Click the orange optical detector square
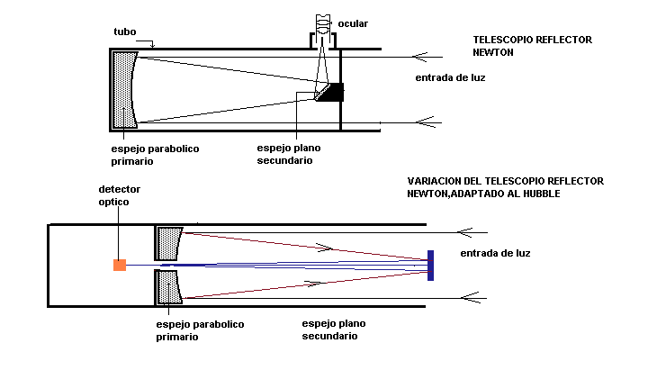click(x=119, y=265)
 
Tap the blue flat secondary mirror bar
click(x=431, y=265)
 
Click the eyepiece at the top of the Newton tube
click(x=322, y=32)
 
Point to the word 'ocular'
click(x=353, y=23)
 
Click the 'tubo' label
click(x=125, y=32)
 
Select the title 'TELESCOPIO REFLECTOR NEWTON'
click(x=518, y=46)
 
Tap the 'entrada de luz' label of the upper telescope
click(x=450, y=78)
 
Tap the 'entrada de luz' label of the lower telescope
click(x=495, y=253)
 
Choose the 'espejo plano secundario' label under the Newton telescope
click(x=288, y=154)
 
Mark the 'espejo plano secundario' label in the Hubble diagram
click(x=333, y=329)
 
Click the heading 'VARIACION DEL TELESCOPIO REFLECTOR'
click(x=505, y=181)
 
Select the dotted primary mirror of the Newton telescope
click(x=124, y=89)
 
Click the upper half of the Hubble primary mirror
click(x=169, y=243)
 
